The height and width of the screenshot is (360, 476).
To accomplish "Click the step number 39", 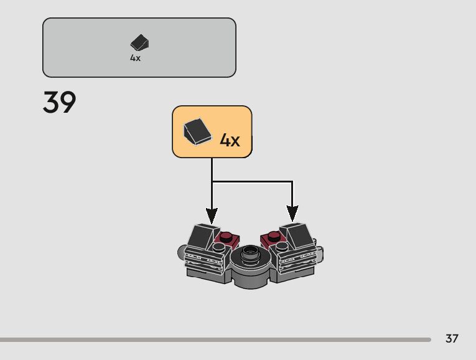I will coord(60,103).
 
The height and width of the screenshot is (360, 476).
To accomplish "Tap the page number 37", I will coord(452,339).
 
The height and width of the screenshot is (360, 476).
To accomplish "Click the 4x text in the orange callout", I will coord(229,140).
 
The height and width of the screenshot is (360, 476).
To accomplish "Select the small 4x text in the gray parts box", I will coord(135,58).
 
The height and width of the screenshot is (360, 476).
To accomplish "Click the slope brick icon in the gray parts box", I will coord(139,43).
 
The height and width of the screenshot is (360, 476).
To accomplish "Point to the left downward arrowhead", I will coord(212,215).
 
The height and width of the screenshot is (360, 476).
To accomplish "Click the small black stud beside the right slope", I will coord(284,248).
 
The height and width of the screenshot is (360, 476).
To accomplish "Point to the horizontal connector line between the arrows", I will coord(251,182).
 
